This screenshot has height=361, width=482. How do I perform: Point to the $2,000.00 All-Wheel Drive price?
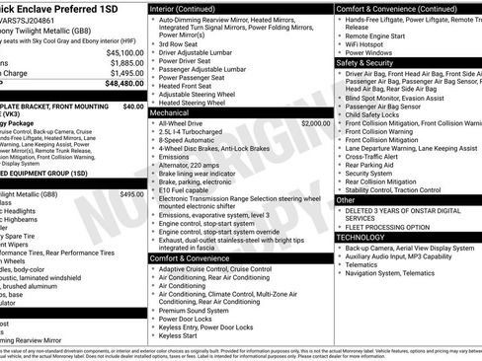(x=315, y=123)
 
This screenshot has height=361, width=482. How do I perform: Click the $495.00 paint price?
(x=131, y=194)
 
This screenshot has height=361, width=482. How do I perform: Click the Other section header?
(x=347, y=200)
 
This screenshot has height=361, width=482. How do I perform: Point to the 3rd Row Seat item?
(x=182, y=44)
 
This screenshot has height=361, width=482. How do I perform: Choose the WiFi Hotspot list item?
(x=368, y=42)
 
